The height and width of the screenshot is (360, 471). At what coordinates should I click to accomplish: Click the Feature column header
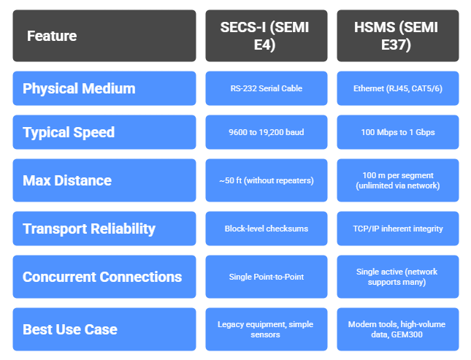pos(104,36)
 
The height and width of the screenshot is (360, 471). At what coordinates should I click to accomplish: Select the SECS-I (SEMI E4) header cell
pos(267,36)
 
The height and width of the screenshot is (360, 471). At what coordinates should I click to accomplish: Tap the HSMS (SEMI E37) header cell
pos(397,36)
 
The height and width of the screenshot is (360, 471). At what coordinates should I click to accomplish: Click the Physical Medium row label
pos(104,88)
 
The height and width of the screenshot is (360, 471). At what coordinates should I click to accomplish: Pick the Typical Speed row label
pos(104,132)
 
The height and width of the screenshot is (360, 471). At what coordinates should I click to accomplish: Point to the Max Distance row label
pos(104,180)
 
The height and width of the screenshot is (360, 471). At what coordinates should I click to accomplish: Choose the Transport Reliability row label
pos(104,229)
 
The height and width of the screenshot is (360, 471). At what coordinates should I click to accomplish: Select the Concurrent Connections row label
pos(104,277)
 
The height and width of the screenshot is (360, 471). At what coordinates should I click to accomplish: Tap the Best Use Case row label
pos(104,329)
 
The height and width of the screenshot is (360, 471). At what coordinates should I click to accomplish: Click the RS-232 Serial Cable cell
pos(267,88)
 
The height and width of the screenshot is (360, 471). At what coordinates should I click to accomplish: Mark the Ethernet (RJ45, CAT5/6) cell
pos(397,88)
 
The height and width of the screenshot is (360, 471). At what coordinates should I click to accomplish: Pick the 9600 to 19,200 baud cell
pos(267,132)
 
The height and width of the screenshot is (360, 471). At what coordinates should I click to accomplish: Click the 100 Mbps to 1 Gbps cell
pos(397,132)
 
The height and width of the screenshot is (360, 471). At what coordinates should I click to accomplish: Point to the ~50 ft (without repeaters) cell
pos(267,180)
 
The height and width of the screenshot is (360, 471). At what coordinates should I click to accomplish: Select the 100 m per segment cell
pos(397,180)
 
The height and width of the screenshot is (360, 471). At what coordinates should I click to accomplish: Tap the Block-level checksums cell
pos(267,229)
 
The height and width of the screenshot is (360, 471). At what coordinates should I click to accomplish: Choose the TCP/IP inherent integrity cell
pos(397,229)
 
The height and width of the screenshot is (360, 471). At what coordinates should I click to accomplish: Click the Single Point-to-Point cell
pos(267,277)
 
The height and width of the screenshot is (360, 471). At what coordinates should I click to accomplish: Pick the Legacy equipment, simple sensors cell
pos(267,329)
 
